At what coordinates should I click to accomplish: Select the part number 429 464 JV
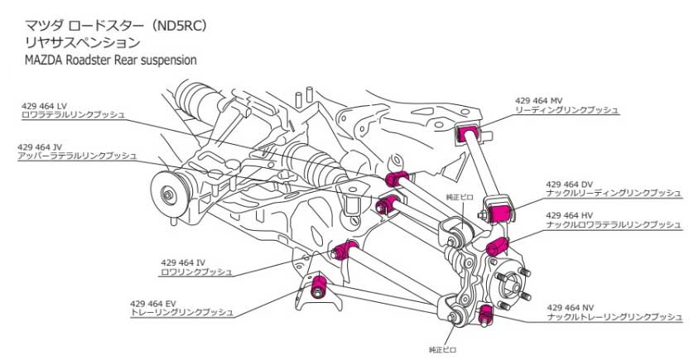42,146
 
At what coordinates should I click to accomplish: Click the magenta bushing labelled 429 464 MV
470,133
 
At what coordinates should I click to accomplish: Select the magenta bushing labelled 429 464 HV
496,247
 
